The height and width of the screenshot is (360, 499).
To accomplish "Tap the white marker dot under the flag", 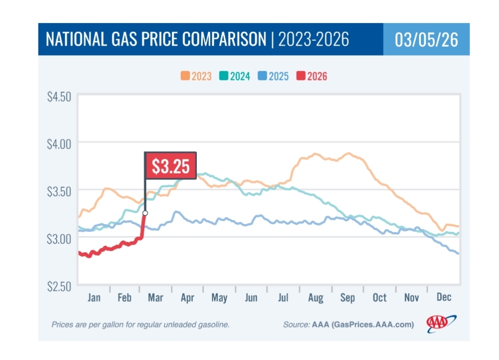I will pos(145,213).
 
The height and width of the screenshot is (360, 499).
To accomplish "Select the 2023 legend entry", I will pos(196,76).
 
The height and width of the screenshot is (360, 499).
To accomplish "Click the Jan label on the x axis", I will pos(94,297).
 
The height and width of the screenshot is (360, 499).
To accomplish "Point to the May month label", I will pos(219,298).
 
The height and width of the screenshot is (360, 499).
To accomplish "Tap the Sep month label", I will pos(347,298).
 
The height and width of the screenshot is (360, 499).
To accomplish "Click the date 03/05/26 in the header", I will pos(426,40).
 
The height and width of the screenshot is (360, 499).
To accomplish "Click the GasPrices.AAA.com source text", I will pos(371,325).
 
